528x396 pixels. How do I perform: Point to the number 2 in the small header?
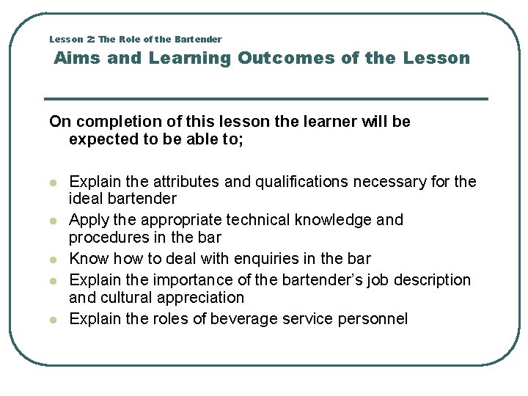click(88, 39)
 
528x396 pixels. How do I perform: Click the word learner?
click(329, 122)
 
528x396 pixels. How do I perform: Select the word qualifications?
click(275, 181)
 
